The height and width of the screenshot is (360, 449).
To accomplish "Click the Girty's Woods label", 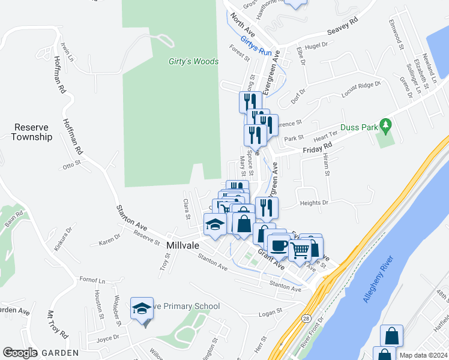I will (x=193, y=61).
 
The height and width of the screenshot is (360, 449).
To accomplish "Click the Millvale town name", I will (x=186, y=246).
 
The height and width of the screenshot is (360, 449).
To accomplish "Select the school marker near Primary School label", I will (x=142, y=310).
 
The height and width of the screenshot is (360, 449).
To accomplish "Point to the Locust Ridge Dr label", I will (x=361, y=90).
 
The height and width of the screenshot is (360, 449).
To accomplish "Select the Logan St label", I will (x=270, y=311).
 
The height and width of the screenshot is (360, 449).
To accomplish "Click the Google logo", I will (x=20, y=353).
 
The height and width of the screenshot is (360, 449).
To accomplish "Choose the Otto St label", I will (x=71, y=164).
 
